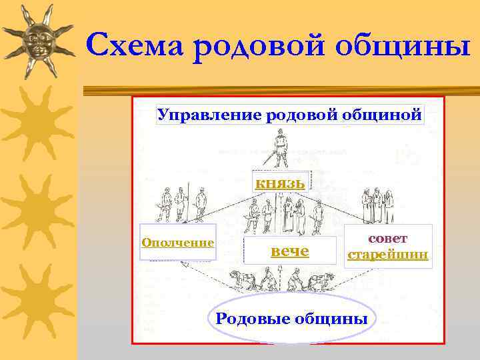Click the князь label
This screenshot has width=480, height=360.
(280, 182)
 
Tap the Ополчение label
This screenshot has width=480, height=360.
(178, 243)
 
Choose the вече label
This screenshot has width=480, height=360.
(289, 251)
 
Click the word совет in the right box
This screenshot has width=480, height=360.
(387, 238)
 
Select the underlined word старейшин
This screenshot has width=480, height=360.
(387, 255)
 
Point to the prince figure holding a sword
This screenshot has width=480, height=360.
(279, 148)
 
